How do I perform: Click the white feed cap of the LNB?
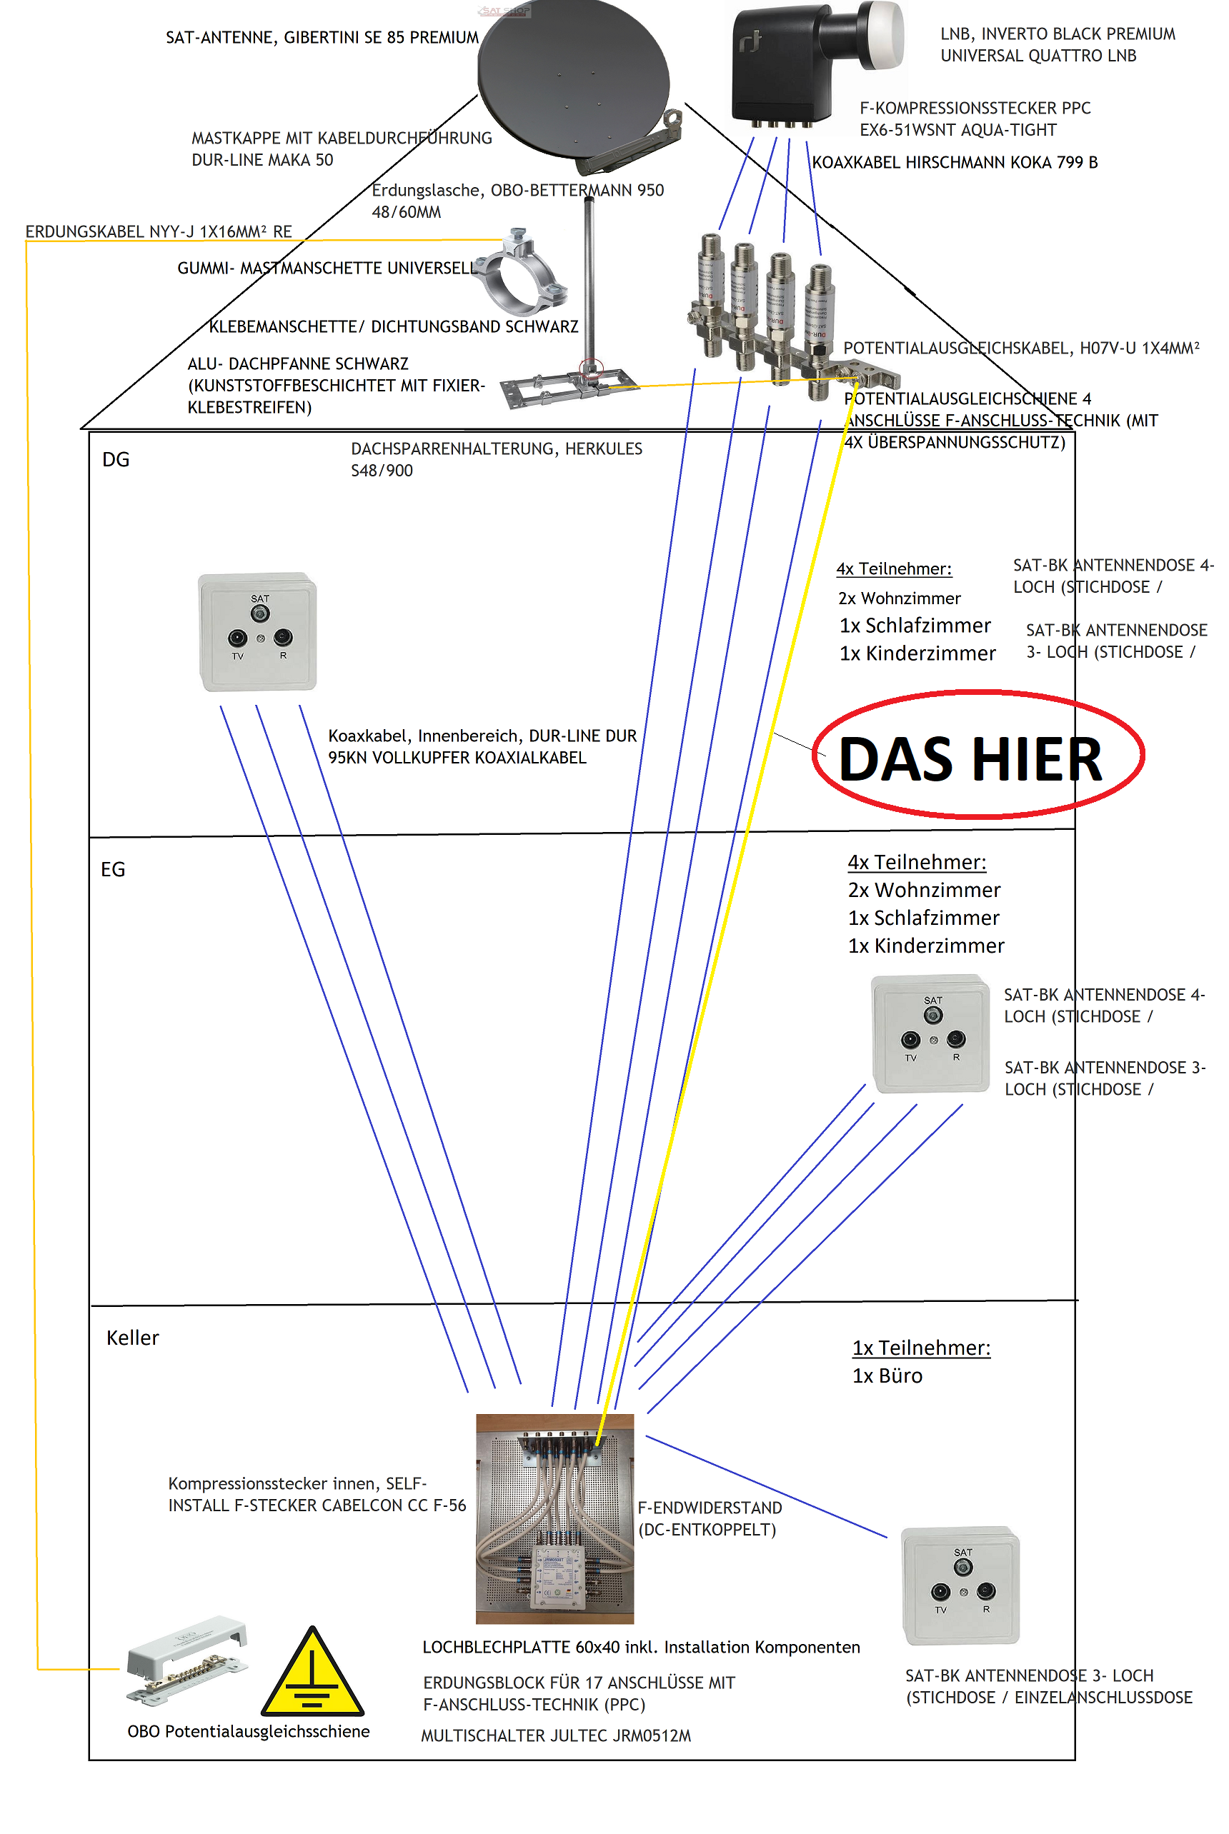(x=881, y=32)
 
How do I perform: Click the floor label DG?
(x=116, y=460)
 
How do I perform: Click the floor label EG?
(x=113, y=870)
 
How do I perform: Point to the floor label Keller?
(x=132, y=1338)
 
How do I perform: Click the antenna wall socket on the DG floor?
(x=258, y=632)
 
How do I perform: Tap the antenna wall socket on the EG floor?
(x=931, y=1033)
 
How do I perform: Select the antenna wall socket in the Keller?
(x=961, y=1585)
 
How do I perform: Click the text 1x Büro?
(x=887, y=1376)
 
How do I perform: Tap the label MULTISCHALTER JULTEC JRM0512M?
(x=556, y=1736)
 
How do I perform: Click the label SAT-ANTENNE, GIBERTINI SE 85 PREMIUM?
(x=322, y=38)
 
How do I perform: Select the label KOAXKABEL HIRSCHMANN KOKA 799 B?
(x=955, y=163)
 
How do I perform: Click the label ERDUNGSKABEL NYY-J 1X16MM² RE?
(x=159, y=232)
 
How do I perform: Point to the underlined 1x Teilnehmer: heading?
(x=921, y=1348)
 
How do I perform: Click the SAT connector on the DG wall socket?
(x=260, y=612)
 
